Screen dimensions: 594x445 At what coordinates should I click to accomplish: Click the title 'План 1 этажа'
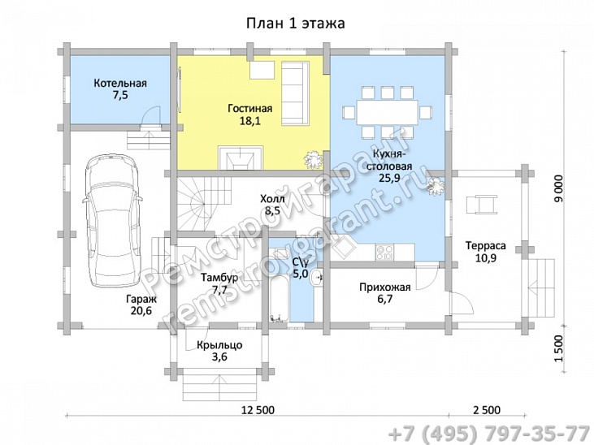[296, 23]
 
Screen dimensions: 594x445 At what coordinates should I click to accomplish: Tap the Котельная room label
[120, 83]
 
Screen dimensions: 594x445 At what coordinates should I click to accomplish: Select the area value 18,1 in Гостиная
[250, 121]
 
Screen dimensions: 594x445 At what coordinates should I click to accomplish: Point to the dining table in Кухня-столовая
[387, 112]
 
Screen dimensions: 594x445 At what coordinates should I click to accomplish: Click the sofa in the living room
[295, 93]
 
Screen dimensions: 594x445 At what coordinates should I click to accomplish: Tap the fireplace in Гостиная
[241, 158]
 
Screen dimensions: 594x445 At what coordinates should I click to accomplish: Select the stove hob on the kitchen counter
[384, 253]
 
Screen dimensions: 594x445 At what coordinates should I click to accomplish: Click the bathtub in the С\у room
[279, 298]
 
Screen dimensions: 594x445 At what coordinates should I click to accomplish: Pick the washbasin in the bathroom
[315, 279]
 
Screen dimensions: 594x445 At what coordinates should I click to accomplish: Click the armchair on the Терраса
[482, 205]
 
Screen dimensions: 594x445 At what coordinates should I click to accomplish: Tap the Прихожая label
[385, 287]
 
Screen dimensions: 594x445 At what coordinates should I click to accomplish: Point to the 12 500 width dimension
[258, 410]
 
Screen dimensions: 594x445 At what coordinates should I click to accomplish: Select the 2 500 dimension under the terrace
[487, 410]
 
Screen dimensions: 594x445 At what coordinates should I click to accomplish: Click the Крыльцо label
[219, 345]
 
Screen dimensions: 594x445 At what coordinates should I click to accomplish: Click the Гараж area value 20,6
[141, 312]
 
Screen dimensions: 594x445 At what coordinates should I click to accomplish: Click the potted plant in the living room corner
[314, 159]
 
